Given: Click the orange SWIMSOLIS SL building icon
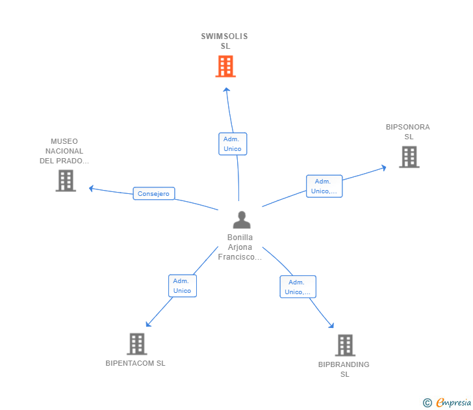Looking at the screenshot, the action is [225, 66].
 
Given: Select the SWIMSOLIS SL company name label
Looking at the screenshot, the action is [224, 41].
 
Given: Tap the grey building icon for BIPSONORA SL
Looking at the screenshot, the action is [409, 157].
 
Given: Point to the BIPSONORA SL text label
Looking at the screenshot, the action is [408, 131].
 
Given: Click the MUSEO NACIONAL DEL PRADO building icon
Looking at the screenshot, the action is [66, 181].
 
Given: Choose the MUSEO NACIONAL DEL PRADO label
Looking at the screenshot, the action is [64, 151].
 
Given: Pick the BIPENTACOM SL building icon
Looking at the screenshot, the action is [137, 344].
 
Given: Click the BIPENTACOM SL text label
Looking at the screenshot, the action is [135, 363].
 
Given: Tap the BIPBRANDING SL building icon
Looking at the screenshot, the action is [345, 345].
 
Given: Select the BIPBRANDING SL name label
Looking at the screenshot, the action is [344, 369].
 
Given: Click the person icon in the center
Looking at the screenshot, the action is [242, 220].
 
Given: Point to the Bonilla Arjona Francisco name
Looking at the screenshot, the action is [240, 247].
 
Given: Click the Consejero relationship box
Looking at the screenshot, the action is [154, 193].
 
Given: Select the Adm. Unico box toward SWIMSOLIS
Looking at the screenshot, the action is [233, 144].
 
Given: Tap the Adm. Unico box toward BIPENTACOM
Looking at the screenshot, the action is [183, 286].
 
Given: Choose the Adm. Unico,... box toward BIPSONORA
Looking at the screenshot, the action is [324, 186].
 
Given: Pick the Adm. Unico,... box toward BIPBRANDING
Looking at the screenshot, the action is [298, 287].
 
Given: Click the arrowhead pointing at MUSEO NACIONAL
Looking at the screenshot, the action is [91, 189].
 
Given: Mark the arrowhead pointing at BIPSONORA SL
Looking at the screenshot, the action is [384, 168].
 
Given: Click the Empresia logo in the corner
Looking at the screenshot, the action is [447, 402].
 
